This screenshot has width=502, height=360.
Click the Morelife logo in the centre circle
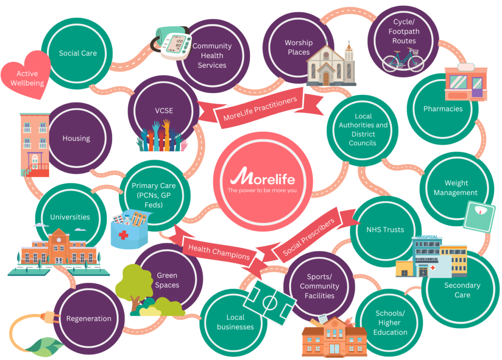(263, 176)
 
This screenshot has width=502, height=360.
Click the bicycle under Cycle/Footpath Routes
(403, 60)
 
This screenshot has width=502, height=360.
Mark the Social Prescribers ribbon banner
(308, 237)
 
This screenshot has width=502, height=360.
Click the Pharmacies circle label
(443, 109)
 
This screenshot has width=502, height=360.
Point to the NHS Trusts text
(385, 229)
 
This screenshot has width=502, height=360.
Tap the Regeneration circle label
(89, 318)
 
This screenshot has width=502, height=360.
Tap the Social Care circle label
(77, 53)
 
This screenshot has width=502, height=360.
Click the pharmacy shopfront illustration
(465, 83)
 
